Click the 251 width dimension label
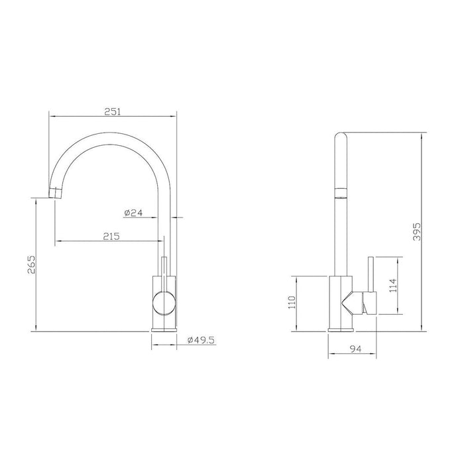(x=112, y=112)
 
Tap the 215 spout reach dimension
(x=110, y=236)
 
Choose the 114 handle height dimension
(x=393, y=285)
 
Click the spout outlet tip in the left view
(x=56, y=193)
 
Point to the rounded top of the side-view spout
(x=341, y=136)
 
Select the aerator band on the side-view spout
(x=341, y=193)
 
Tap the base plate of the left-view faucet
(x=164, y=328)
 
